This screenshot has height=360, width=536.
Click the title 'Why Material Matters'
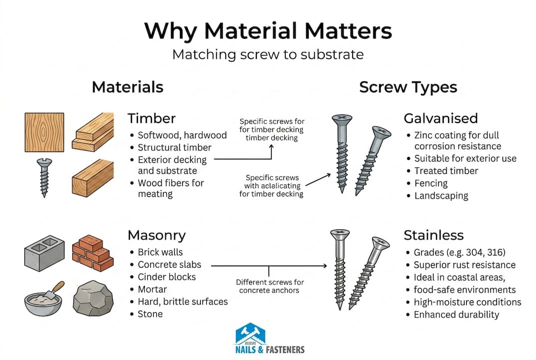pyautogui.click(x=268, y=30)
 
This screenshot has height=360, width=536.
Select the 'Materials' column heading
pyautogui.click(x=127, y=87)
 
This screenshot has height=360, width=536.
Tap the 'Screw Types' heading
pyautogui.click(x=408, y=87)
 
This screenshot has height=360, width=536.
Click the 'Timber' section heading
pyautogui.click(x=151, y=118)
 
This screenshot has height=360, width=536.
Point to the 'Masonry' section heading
pyautogui.click(x=156, y=235)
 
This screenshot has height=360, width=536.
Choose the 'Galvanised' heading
pyautogui.click(x=441, y=118)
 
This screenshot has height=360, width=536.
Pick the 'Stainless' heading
pyautogui.click(x=434, y=235)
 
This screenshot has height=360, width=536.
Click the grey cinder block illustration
pyautogui.click(x=44, y=253)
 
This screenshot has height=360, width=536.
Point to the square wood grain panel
pyautogui.click(x=44, y=132)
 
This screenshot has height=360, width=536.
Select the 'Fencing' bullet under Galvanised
pyautogui.click(x=431, y=183)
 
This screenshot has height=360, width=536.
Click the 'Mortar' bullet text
pyautogui.click(x=152, y=289)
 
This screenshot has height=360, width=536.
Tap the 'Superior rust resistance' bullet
pyautogui.click(x=464, y=265)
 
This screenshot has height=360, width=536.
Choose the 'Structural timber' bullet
pyautogui.click(x=175, y=147)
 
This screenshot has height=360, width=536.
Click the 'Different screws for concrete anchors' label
pyautogui.click(x=270, y=286)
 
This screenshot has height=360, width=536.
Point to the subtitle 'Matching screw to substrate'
pyautogui.click(x=268, y=54)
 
